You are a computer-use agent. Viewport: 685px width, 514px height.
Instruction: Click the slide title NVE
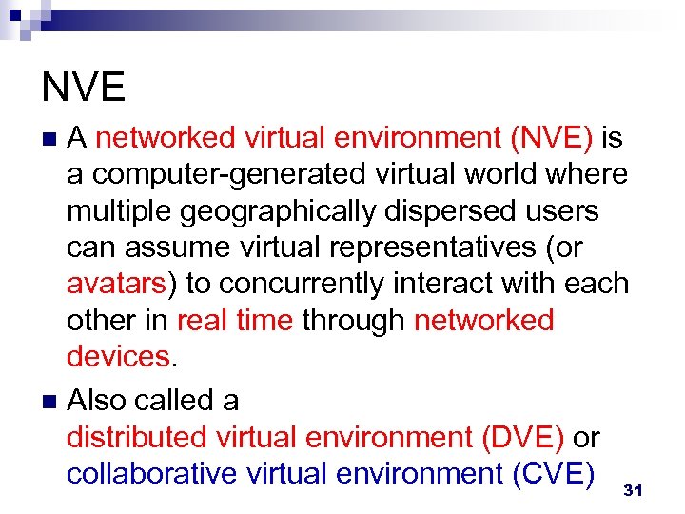pyautogui.click(x=84, y=87)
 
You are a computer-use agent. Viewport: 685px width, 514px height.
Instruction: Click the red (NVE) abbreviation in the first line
pyautogui.click(x=552, y=138)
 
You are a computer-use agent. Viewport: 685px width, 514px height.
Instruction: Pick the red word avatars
pyautogui.click(x=120, y=284)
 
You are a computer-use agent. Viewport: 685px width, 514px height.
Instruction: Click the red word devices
pyautogui.click(x=117, y=356)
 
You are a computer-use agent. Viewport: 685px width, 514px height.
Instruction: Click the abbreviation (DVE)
pyautogui.click(x=522, y=437)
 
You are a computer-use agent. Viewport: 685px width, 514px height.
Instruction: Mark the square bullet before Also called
pyautogui.click(x=49, y=401)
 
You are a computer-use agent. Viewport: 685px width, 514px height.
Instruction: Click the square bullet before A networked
pyautogui.click(x=49, y=139)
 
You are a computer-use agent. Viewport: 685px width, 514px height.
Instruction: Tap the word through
pyautogui.click(x=353, y=320)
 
